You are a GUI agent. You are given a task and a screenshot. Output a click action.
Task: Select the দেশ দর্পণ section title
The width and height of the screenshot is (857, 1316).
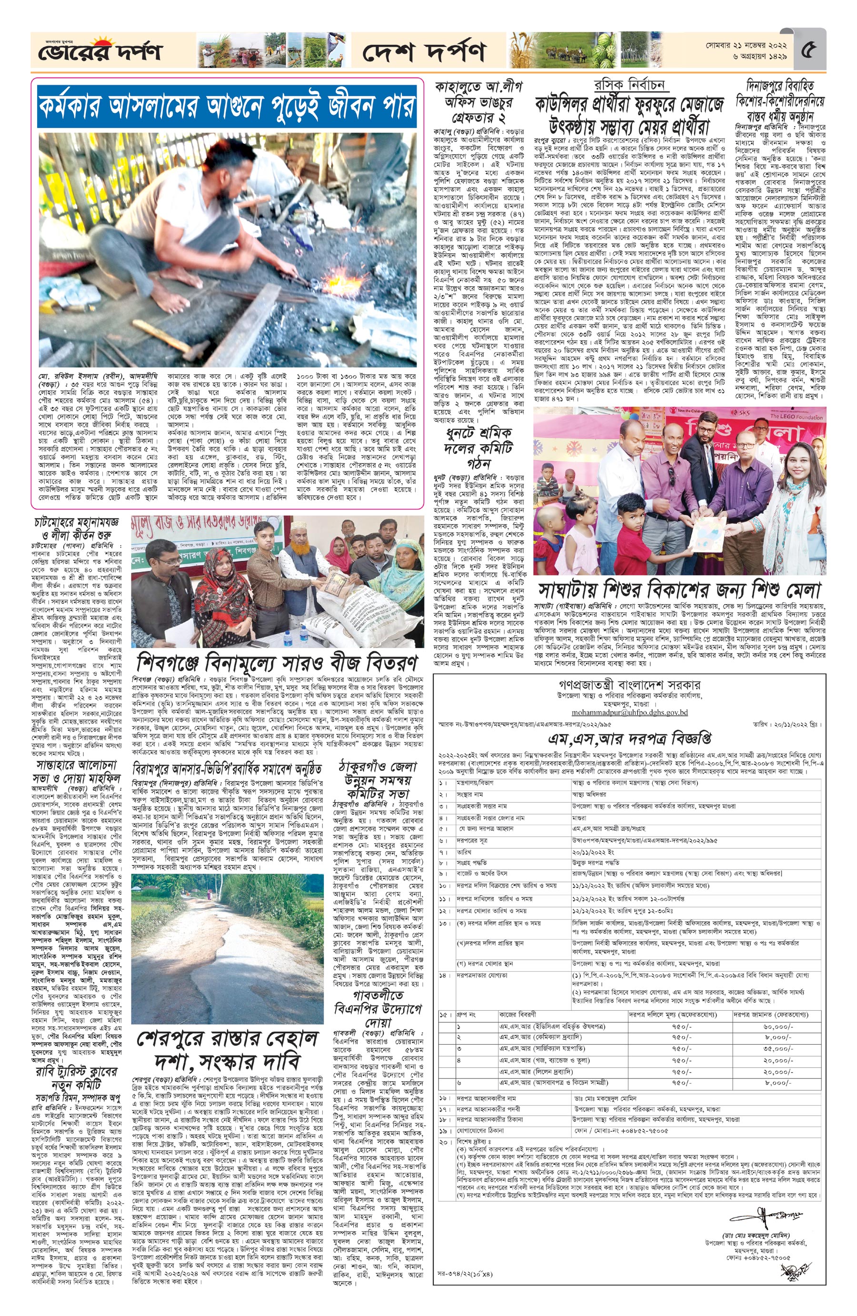point(424,52)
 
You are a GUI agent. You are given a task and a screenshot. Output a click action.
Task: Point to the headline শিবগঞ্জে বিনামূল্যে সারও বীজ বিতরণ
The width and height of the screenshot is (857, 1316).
point(277,662)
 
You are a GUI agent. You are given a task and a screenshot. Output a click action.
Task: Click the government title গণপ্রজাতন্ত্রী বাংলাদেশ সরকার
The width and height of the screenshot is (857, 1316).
point(629,685)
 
